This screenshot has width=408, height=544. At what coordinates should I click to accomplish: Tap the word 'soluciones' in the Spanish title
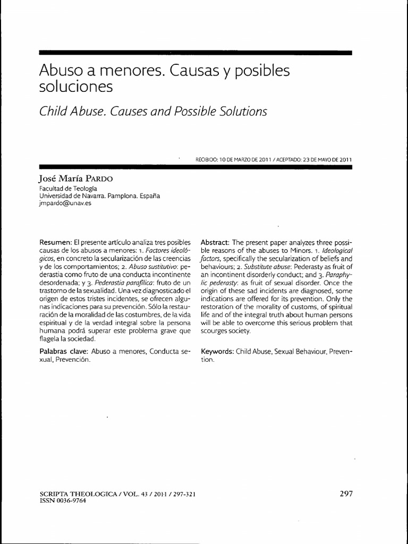point(76,87)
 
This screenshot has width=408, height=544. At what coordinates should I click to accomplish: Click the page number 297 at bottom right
point(346,493)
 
